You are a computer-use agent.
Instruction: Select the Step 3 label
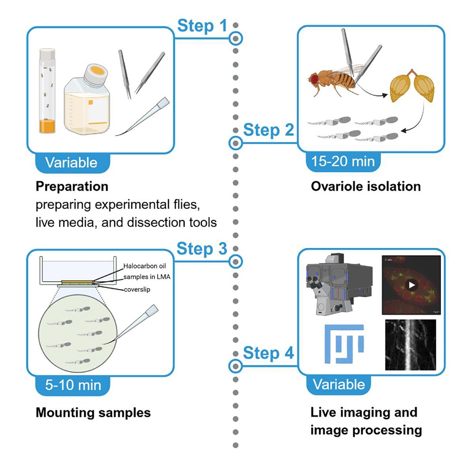click(202, 248)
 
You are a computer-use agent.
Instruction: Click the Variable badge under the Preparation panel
click(71, 162)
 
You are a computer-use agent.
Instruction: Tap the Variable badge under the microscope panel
click(339, 385)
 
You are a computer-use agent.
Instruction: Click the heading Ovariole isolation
click(365, 186)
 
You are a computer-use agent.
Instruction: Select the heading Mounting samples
click(93, 412)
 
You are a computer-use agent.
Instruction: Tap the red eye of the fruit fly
click(314, 76)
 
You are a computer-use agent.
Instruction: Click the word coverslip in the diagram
click(137, 289)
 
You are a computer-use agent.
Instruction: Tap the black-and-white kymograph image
click(410, 345)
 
